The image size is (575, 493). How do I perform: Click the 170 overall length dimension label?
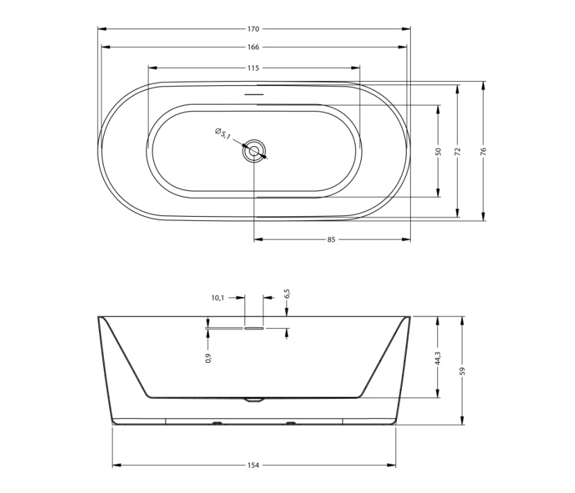(x=253, y=29)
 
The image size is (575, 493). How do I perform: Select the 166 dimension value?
(x=253, y=47)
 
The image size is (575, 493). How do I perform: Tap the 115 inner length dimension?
(x=253, y=68)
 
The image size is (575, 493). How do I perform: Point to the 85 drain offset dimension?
(x=331, y=240)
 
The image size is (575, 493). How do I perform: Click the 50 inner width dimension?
(x=439, y=151)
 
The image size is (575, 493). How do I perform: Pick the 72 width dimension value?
(x=457, y=151)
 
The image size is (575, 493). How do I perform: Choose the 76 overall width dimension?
(x=483, y=151)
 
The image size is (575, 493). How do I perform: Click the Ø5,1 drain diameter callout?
(x=222, y=134)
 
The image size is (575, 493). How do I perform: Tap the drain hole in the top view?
(x=254, y=151)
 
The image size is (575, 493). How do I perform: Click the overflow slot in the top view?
(x=254, y=95)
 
